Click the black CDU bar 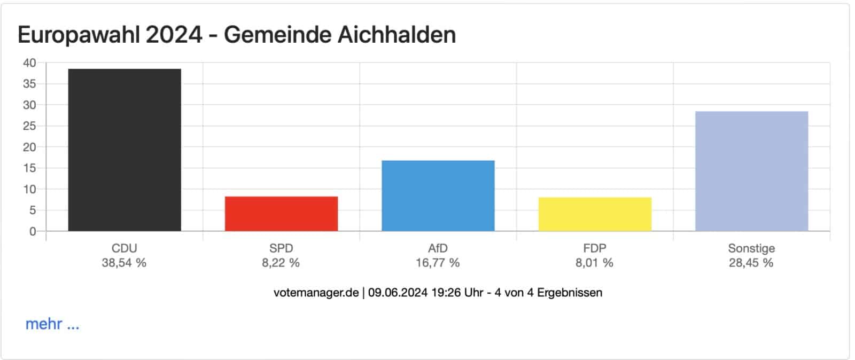pos(125,150)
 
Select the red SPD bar pos(281,214)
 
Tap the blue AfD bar pos(438,195)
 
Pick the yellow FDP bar pos(595,214)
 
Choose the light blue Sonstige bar pos(751,171)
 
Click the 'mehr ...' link pos(52,324)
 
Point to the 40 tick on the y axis pos(29,63)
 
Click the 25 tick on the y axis pos(29,126)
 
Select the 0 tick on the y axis pos(33,231)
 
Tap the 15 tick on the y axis pos(29,168)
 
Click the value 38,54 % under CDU pos(124,263)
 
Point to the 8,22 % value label pos(281,263)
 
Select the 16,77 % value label pos(438,263)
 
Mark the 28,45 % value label pos(751,263)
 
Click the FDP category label pos(595,248)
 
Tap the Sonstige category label pos(751,248)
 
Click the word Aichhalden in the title pos(397,35)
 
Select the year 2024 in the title pos(174,35)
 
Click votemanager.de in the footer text pos(316,293)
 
